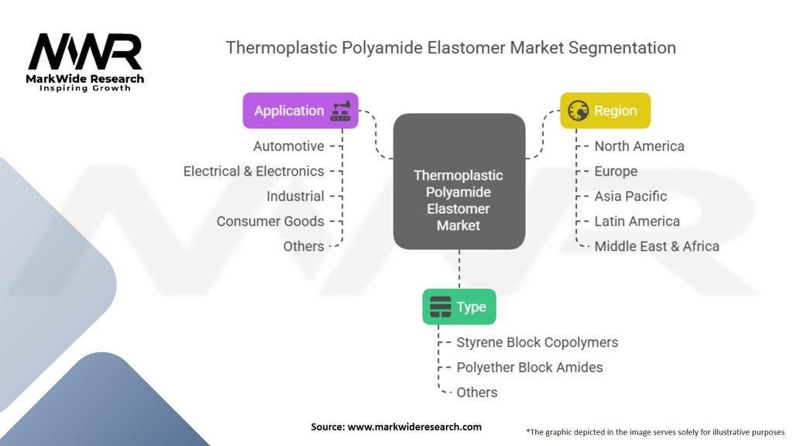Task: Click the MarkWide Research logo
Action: click(x=85, y=60)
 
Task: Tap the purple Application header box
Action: click(x=300, y=111)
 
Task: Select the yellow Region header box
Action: click(x=606, y=111)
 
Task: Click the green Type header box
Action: click(x=458, y=307)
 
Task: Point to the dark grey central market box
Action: click(x=458, y=181)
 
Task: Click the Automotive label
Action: click(x=288, y=146)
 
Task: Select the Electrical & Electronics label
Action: click(x=253, y=171)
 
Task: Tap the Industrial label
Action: click(x=295, y=196)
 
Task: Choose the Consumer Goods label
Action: click(x=270, y=221)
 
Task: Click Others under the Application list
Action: click(x=304, y=245)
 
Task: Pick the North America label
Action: click(x=639, y=146)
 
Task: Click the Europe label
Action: click(x=616, y=171)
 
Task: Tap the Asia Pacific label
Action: click(x=630, y=196)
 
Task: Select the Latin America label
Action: click(x=637, y=221)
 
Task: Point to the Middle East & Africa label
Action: click(x=657, y=246)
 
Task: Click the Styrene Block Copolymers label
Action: click(x=537, y=342)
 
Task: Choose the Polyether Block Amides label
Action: click(x=529, y=367)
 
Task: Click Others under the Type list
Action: click(x=477, y=392)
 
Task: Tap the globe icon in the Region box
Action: click(x=578, y=111)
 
